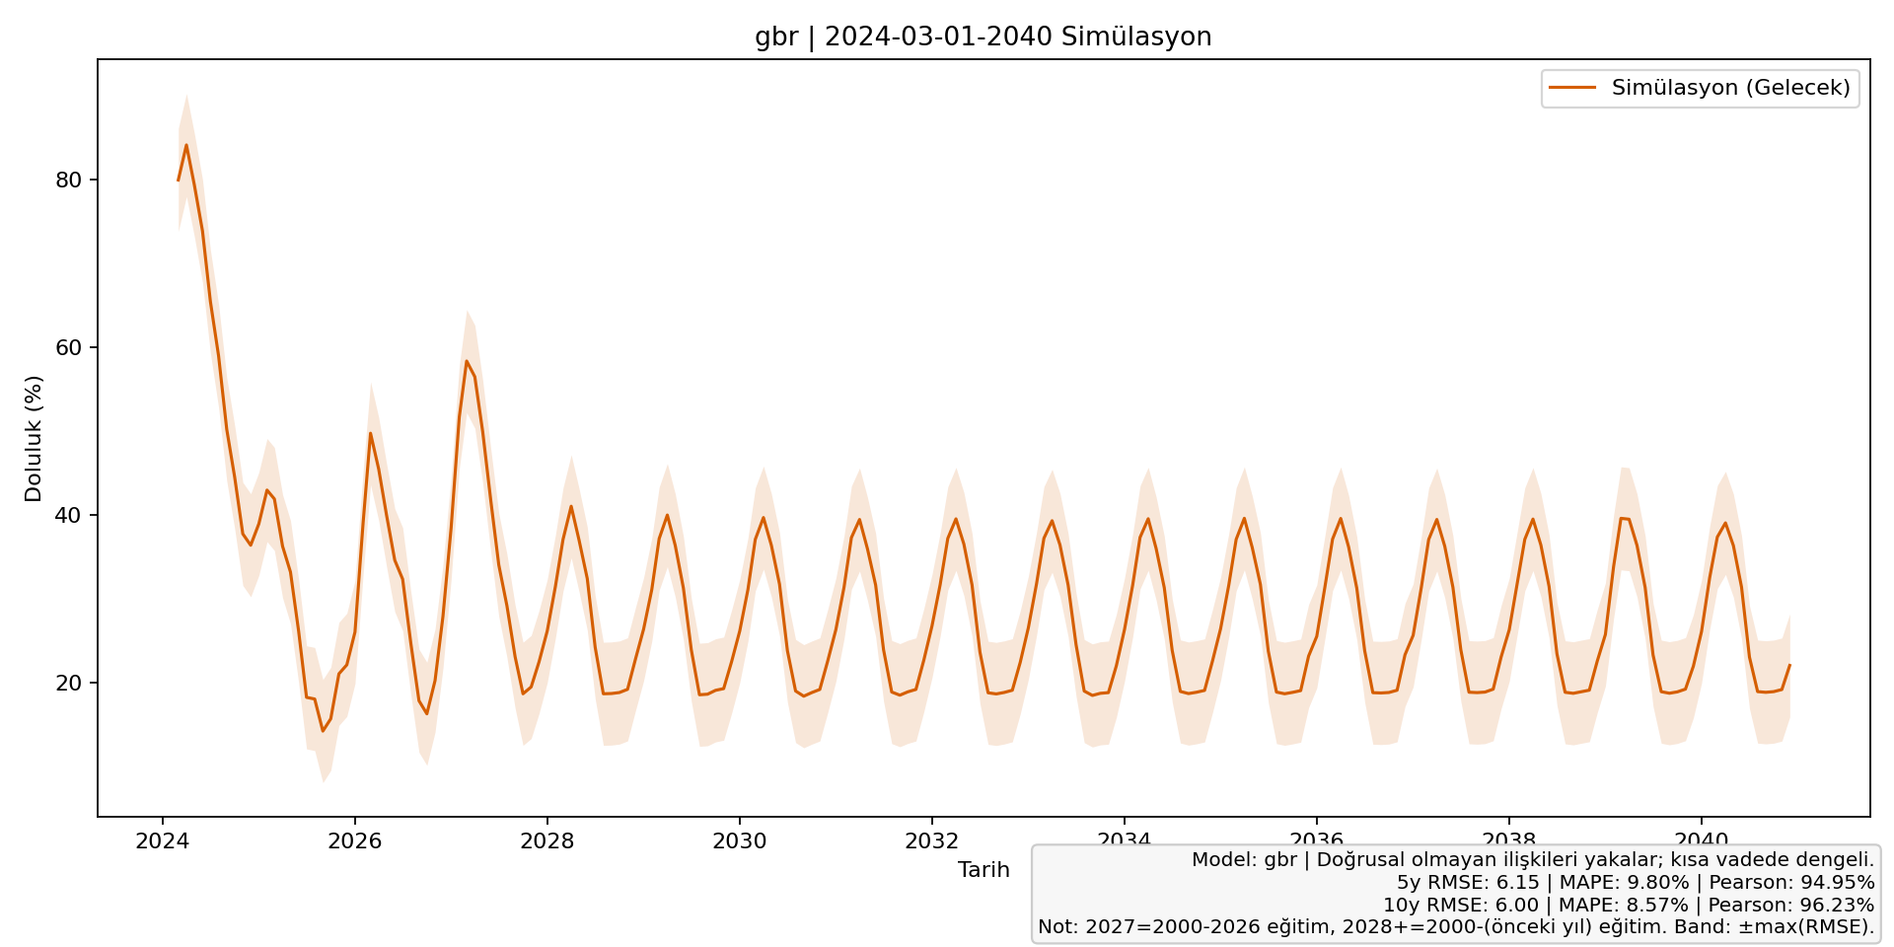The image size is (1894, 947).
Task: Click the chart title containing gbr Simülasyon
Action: [x=983, y=37]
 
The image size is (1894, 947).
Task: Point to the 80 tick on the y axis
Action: [x=70, y=180]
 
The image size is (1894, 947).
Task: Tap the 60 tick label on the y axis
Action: [x=70, y=347]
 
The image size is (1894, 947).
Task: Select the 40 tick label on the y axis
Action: [x=70, y=515]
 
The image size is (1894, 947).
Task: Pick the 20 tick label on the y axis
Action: [x=70, y=683]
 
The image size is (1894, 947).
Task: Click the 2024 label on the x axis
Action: [x=162, y=840]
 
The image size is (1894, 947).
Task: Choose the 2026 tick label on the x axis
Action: [x=354, y=840]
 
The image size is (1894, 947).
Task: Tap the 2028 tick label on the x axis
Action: [x=546, y=840]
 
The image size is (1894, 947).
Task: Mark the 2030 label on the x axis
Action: [x=739, y=840]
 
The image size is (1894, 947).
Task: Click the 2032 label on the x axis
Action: [x=931, y=840]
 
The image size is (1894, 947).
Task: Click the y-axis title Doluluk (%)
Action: [x=35, y=438]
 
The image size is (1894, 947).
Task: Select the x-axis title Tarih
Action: [x=983, y=870]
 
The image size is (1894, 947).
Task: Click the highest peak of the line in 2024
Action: [x=185, y=145]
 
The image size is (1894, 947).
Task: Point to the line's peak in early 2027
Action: [x=467, y=361]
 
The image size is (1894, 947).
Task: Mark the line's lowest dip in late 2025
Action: [x=322, y=730]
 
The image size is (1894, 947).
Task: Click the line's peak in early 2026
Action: [x=370, y=433]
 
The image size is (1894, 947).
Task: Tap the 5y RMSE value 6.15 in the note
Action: [x=1518, y=883]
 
